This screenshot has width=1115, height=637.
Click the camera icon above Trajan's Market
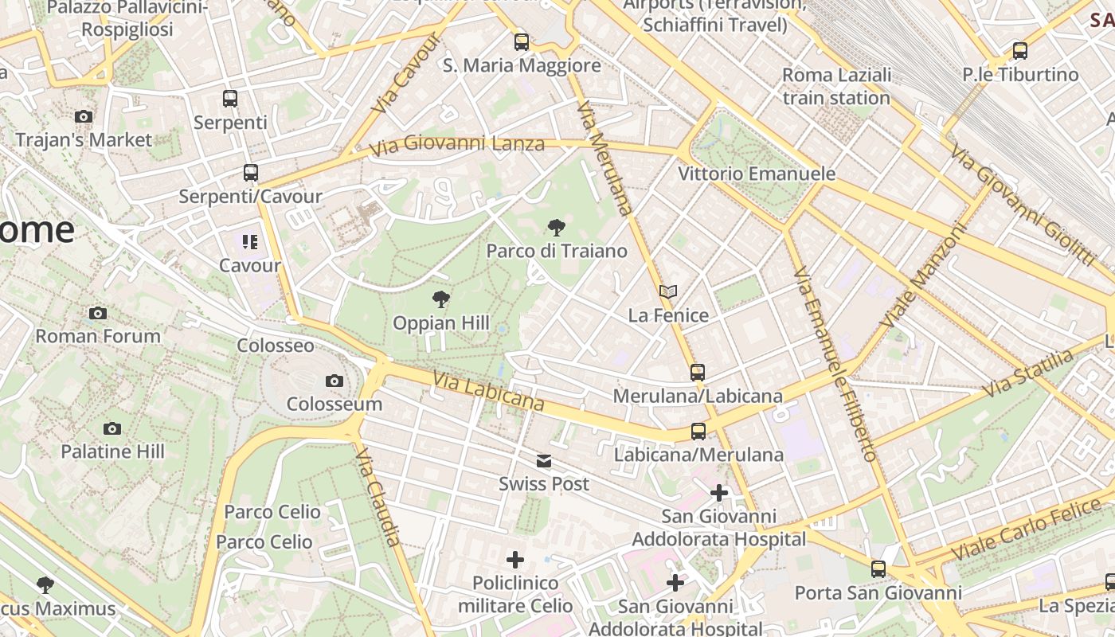[x=84, y=117]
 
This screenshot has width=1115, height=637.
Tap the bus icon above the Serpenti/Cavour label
[x=251, y=173]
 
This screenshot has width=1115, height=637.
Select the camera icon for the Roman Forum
[x=98, y=313]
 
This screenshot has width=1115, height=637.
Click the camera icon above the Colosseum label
[x=334, y=381]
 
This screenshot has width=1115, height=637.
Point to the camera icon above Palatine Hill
[x=112, y=429]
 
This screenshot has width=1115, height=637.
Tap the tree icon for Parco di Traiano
[x=557, y=229]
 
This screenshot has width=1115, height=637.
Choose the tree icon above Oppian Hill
[x=440, y=300]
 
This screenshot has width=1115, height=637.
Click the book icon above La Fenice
[x=668, y=292]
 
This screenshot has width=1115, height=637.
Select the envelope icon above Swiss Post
[x=544, y=461]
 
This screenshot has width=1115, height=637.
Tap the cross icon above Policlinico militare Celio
[x=515, y=560]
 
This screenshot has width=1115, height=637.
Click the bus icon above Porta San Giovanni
[x=878, y=569]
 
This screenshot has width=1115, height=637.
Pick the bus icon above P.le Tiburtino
[x=1020, y=51]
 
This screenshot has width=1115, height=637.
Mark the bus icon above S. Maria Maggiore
[x=522, y=42]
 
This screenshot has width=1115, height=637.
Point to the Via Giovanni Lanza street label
[x=457, y=145]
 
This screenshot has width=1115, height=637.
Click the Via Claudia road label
[x=378, y=497]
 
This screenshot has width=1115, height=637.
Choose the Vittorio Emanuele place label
[x=757, y=174]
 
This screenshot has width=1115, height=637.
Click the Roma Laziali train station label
[x=836, y=87]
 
